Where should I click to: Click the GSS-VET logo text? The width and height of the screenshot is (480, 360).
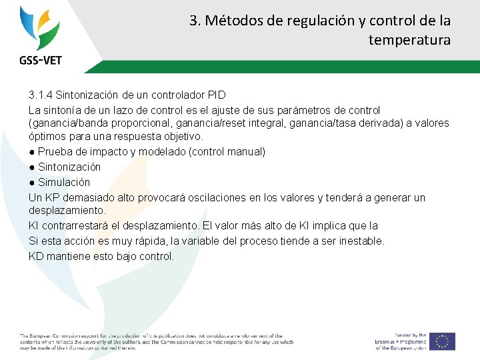(x=40, y=60)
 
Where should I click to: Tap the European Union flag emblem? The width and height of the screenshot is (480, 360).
(x=442, y=341)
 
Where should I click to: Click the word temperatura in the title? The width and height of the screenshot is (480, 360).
(x=409, y=40)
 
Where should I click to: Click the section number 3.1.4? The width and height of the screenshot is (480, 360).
(x=43, y=95)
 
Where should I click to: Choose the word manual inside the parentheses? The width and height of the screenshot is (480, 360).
(x=245, y=152)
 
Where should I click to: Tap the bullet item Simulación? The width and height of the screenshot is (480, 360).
(x=63, y=182)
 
